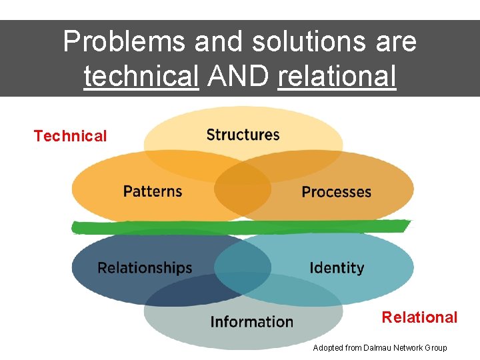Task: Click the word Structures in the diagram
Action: [x=243, y=135]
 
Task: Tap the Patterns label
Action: [x=152, y=191]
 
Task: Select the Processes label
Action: [x=336, y=192]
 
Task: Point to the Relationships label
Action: [x=145, y=268]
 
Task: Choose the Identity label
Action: [x=337, y=268]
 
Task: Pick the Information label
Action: [x=251, y=322]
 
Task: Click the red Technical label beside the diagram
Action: [x=70, y=136]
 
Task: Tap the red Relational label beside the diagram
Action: [x=419, y=317]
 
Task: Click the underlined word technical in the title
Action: [x=141, y=77]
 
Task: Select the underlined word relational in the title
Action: [x=337, y=77]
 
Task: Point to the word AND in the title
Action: [x=238, y=77]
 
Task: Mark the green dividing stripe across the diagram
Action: [x=240, y=227]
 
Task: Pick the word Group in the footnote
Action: [x=435, y=348]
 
